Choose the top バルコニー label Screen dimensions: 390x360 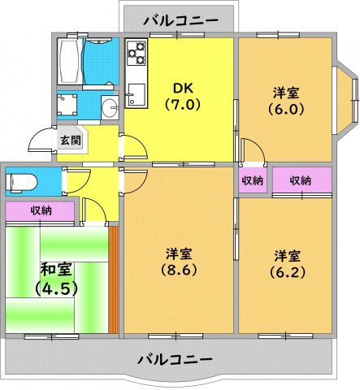tap(180, 19)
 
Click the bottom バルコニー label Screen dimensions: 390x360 tap(174, 358)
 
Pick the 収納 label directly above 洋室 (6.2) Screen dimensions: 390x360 tap(301, 180)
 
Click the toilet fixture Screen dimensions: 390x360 tap(18, 181)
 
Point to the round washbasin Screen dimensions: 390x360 tap(109, 105)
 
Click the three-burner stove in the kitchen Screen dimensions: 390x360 tap(136, 55)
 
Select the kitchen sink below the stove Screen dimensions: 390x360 tap(136, 93)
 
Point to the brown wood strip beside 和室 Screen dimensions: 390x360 tap(113, 280)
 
